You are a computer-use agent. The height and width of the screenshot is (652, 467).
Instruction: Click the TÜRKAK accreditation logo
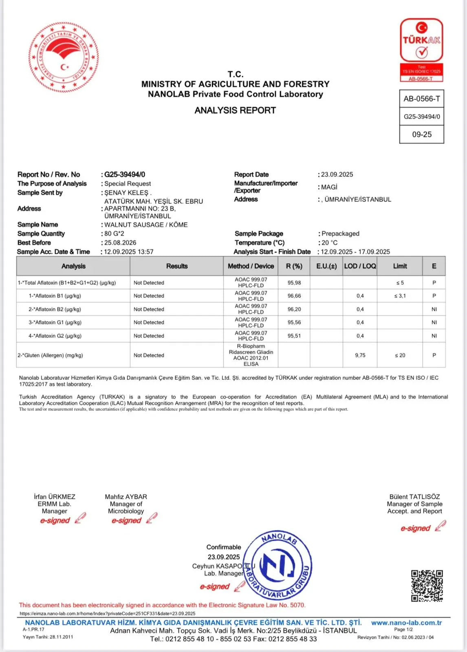coord(421,50)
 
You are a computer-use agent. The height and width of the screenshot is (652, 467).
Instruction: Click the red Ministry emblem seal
coord(64,57)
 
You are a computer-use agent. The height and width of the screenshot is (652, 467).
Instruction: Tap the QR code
coord(427,586)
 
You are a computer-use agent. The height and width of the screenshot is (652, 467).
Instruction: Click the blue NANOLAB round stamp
coord(278,565)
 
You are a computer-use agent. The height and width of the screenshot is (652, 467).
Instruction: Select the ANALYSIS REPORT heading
coord(235,110)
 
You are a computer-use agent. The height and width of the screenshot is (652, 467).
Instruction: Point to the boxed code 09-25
coord(422,134)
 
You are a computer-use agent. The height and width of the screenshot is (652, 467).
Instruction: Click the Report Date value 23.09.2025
coord(337,174)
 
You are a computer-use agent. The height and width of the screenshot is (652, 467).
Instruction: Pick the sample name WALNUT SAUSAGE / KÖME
coord(146,225)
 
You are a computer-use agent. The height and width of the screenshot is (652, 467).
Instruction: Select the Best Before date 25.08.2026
coord(120,242)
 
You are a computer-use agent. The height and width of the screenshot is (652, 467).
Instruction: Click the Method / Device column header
coord(251,266)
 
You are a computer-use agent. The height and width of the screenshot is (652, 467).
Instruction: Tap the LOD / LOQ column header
coord(360,266)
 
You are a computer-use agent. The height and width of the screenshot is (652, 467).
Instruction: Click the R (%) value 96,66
coord(294,296)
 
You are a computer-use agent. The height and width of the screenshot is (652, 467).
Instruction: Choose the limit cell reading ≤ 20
coord(400,355)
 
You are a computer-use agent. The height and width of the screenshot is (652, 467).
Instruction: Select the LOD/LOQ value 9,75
coord(360,355)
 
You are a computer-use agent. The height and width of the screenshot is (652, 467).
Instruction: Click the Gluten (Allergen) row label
coord(50,355)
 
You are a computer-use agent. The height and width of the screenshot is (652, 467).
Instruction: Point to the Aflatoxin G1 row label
coord(55,322)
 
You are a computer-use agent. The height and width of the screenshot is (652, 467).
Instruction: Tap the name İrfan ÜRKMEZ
coord(55,497)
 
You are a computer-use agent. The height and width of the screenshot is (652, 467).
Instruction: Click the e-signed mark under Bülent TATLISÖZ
coord(416,528)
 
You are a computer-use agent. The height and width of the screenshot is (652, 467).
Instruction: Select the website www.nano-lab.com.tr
coord(406,623)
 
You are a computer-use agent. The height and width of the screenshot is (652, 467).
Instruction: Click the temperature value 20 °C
coord(329,242)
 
